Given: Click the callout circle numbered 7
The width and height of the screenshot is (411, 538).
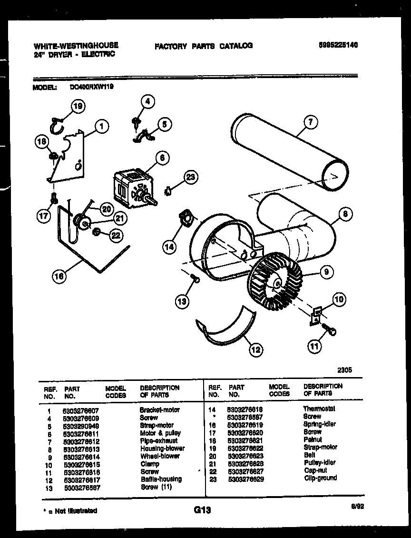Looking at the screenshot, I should pyautogui.click(x=310, y=122).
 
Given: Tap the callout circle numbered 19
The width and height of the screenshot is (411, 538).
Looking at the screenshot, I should pyautogui.click(x=78, y=107).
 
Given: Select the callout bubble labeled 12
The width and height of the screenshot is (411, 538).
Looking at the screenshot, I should pyautogui.click(x=255, y=350).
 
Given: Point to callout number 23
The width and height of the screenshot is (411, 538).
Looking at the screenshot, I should pyautogui.click(x=190, y=178).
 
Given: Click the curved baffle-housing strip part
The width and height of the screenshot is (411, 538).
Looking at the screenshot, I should pyautogui.click(x=224, y=329).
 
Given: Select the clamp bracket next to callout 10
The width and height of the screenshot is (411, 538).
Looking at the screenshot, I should pyautogui.click(x=314, y=316).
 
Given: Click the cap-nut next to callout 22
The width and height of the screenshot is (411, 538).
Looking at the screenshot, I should pyautogui.click(x=96, y=232).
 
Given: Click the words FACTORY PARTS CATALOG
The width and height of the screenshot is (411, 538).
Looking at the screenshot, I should pyautogui.click(x=203, y=46).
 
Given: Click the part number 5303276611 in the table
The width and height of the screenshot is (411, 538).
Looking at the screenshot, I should pyautogui.click(x=81, y=433).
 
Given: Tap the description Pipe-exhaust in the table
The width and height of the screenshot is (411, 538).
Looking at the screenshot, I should pyautogui.click(x=158, y=440).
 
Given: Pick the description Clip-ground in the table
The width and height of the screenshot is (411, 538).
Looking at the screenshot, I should pyautogui.click(x=320, y=478).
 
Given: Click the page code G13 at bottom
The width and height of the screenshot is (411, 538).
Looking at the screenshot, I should pyautogui.click(x=202, y=510).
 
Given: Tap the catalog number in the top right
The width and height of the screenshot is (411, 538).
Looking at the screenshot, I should pyautogui.click(x=337, y=45).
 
